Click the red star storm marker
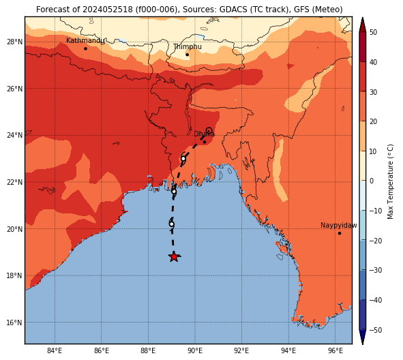coord(174,256)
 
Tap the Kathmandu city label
coord(85,41)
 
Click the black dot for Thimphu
coord(187,55)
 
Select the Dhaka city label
coord(204,134)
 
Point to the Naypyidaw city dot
coord(340,233)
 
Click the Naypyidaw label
coord(339,226)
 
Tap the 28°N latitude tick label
coord(14,42)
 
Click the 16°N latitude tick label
coord(14,322)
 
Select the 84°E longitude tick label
coord(55,350)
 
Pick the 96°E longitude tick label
coord(335,350)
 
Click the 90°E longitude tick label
coord(195,350)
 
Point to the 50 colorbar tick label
coord(373,32)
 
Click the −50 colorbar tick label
coord(376,330)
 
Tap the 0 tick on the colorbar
coord(372,181)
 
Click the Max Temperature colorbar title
coord(391,181)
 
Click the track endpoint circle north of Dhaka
coord(209,130)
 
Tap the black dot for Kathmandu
coord(86,48)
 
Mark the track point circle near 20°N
coord(171,224)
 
